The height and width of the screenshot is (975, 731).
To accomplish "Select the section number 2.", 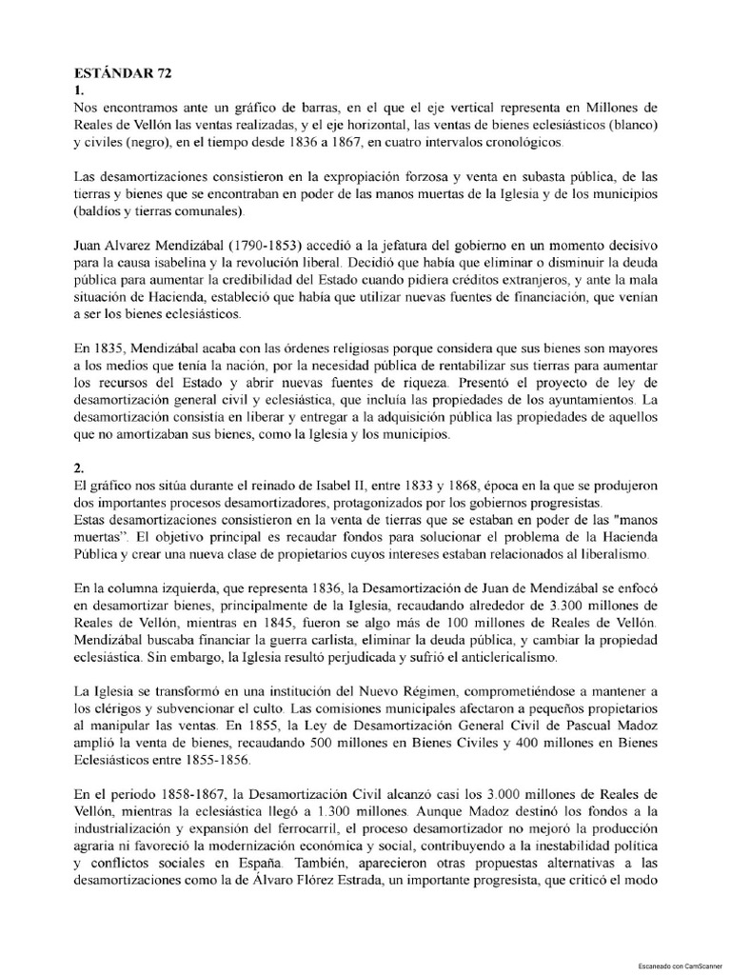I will [x=79, y=468].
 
